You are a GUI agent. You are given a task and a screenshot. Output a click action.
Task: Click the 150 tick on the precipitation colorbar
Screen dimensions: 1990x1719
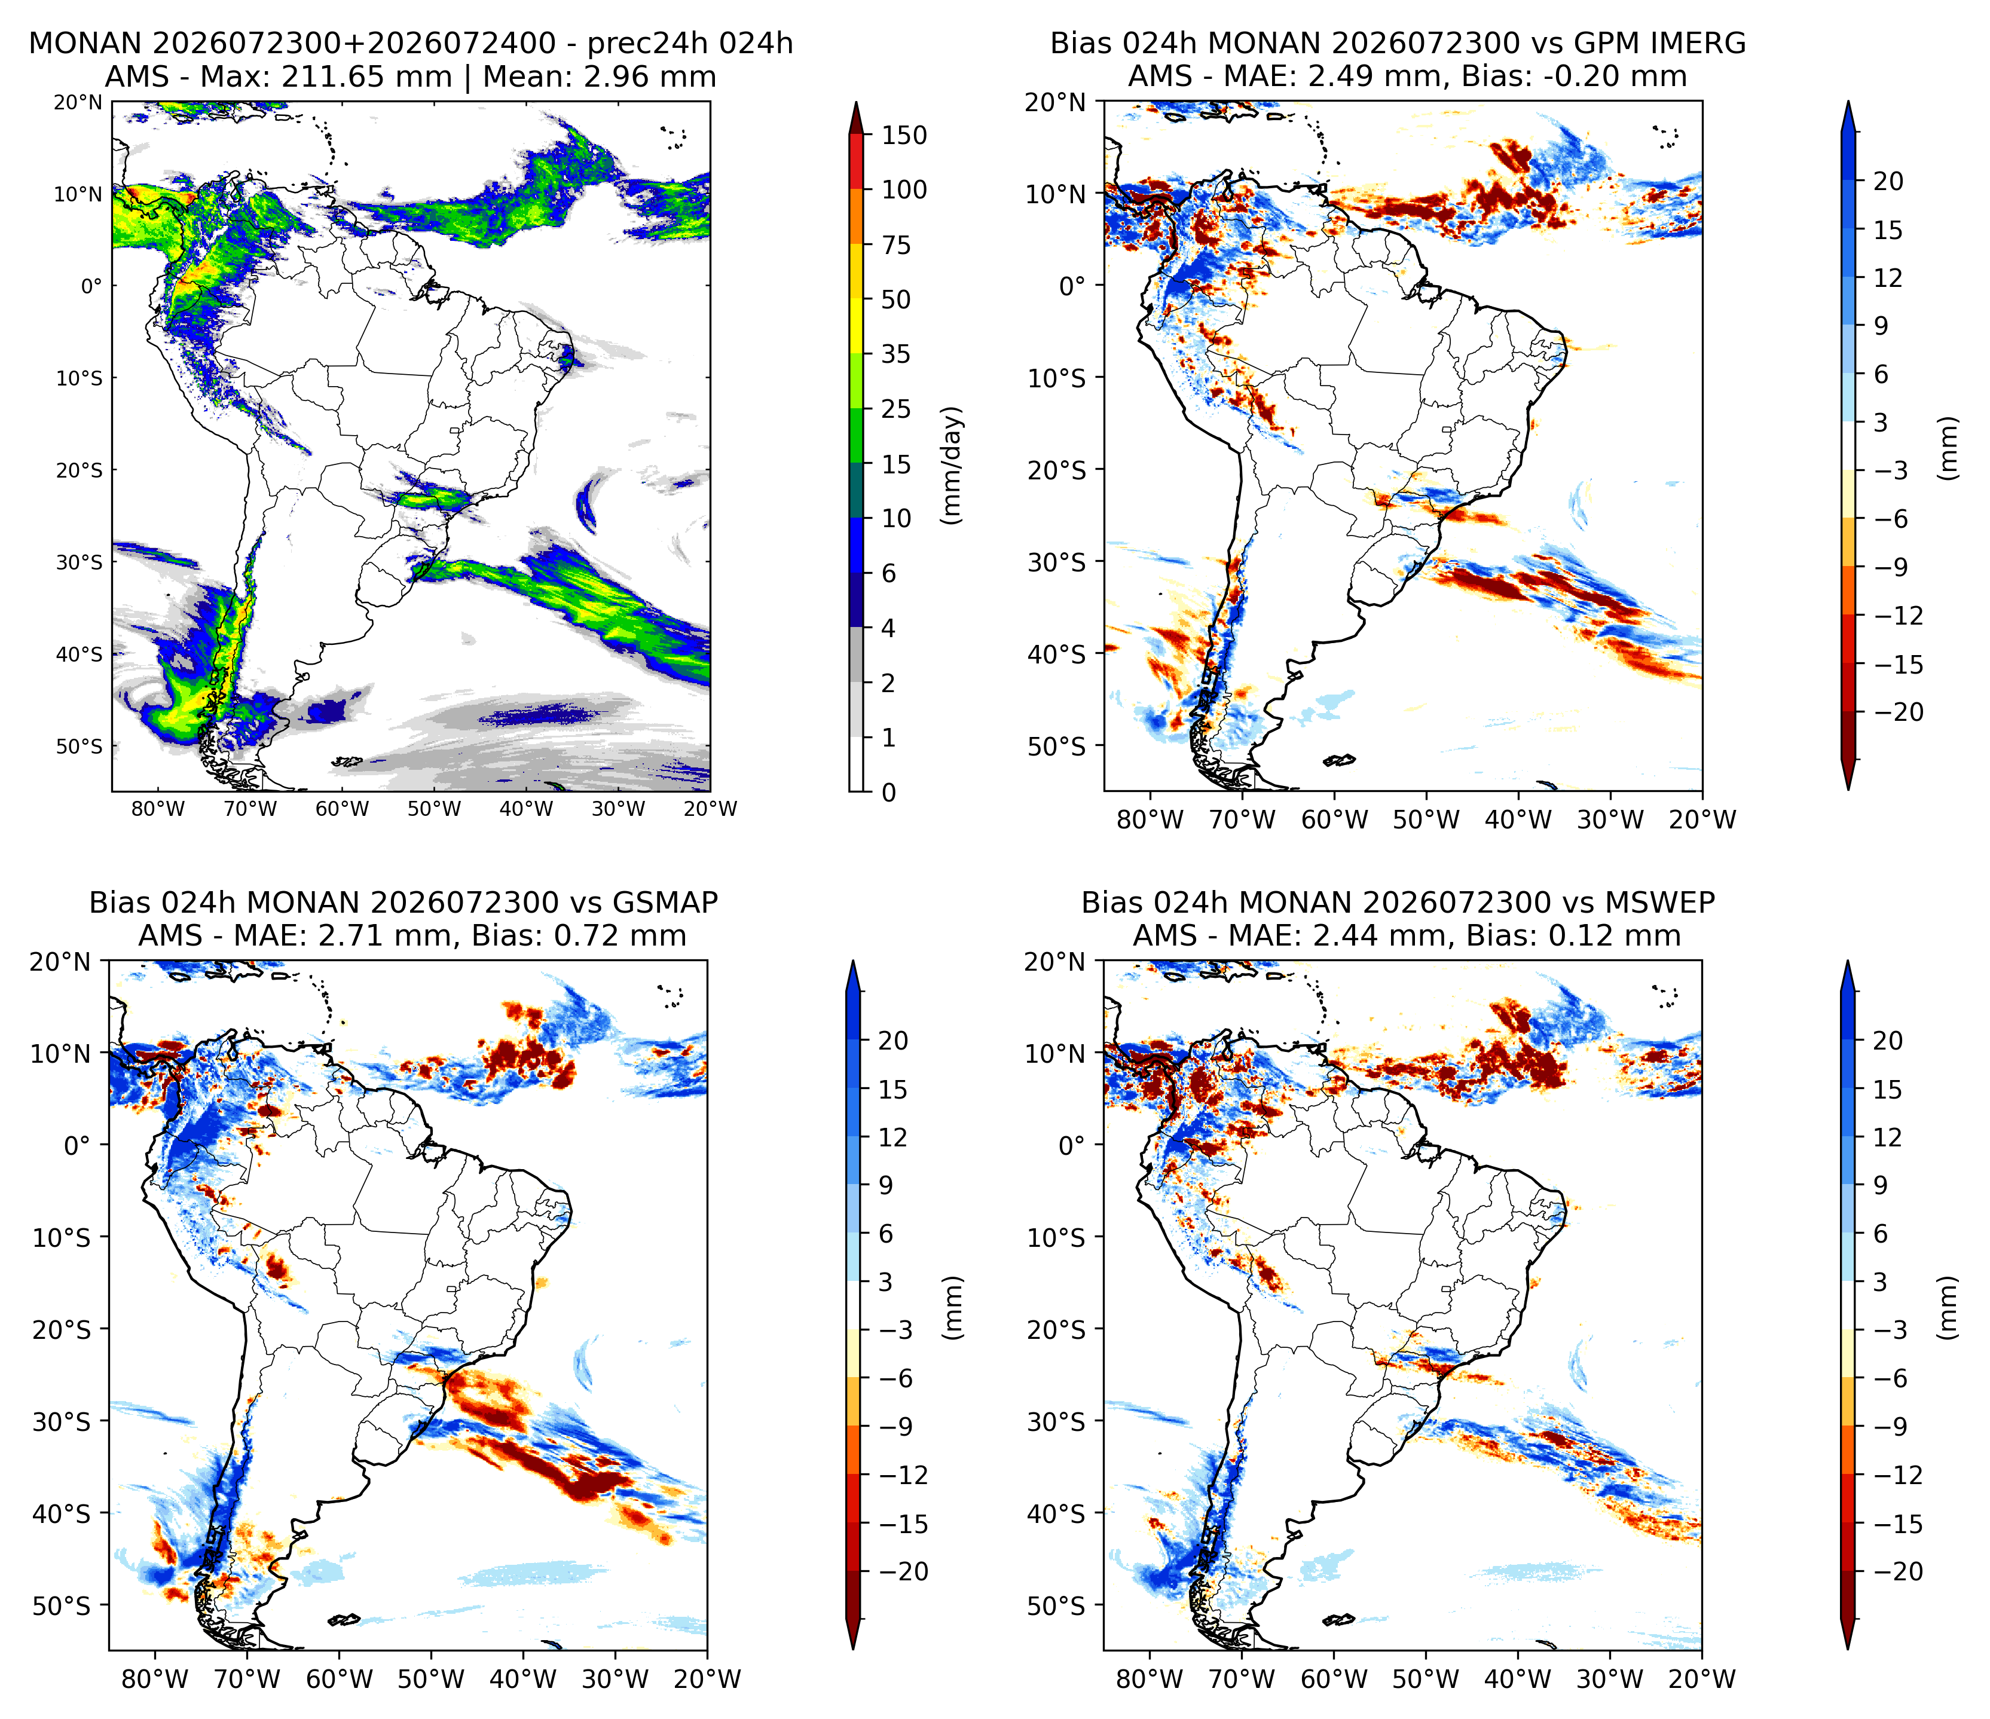(904, 136)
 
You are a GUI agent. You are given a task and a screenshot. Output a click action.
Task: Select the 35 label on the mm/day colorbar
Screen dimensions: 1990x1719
(896, 354)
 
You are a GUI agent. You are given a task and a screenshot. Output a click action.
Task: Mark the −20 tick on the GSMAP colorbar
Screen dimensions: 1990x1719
(904, 1571)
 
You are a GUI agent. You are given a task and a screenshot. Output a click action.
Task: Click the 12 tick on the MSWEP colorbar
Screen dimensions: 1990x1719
(1887, 1138)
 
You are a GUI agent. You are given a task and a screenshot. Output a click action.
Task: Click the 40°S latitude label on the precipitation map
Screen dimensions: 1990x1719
(80, 654)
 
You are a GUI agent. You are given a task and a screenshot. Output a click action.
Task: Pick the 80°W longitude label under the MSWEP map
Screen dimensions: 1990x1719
(1150, 1679)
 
